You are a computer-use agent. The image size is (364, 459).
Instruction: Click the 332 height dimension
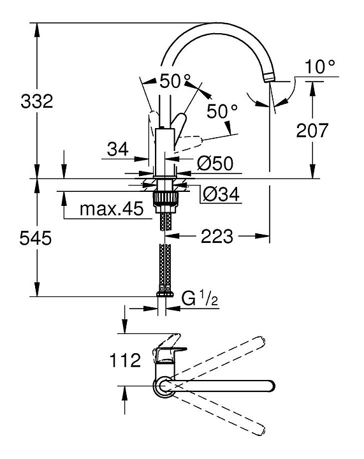[37, 101]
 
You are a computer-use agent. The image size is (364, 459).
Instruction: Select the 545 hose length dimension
[36, 238]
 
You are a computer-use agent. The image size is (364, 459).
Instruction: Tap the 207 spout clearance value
[312, 130]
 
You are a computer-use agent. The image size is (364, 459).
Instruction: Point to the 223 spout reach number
[217, 236]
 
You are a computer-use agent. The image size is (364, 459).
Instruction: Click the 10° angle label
[319, 67]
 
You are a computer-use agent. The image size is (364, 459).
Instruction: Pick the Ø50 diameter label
[215, 163]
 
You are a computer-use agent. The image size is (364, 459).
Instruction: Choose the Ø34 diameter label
[221, 194]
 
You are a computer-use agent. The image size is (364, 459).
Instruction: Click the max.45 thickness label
[112, 208]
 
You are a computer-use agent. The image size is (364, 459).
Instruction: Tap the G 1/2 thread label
[200, 298]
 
